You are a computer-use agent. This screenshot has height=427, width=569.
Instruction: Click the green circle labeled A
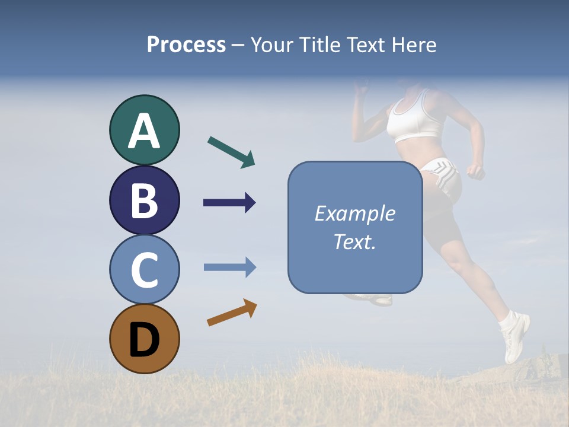pyautogui.click(x=144, y=130)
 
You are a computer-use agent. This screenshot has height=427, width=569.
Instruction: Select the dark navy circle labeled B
pyautogui.click(x=144, y=200)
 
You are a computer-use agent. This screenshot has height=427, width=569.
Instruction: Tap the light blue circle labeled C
pyautogui.click(x=144, y=269)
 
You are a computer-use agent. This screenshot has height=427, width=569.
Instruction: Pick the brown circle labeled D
pyautogui.click(x=144, y=339)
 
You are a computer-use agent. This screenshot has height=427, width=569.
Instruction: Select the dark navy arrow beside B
pyautogui.click(x=229, y=203)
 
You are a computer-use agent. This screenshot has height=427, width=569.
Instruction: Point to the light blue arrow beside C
pyautogui.click(x=229, y=267)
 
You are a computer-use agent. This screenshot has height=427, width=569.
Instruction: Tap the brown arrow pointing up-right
pyautogui.click(x=232, y=313)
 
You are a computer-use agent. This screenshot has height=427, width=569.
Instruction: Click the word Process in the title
pyautogui.click(x=186, y=44)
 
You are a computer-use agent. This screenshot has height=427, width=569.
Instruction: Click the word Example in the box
pyautogui.click(x=354, y=213)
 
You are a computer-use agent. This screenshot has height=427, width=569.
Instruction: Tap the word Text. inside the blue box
pyautogui.click(x=354, y=241)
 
